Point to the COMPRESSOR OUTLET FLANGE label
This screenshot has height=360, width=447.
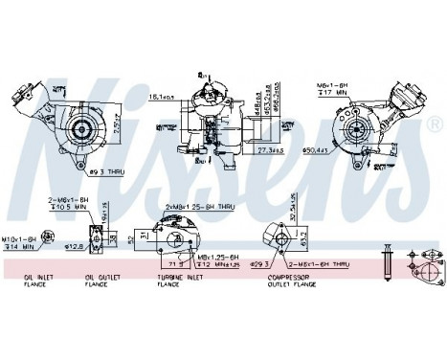tap(270, 280)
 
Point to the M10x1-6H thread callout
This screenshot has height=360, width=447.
tap(20, 239)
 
